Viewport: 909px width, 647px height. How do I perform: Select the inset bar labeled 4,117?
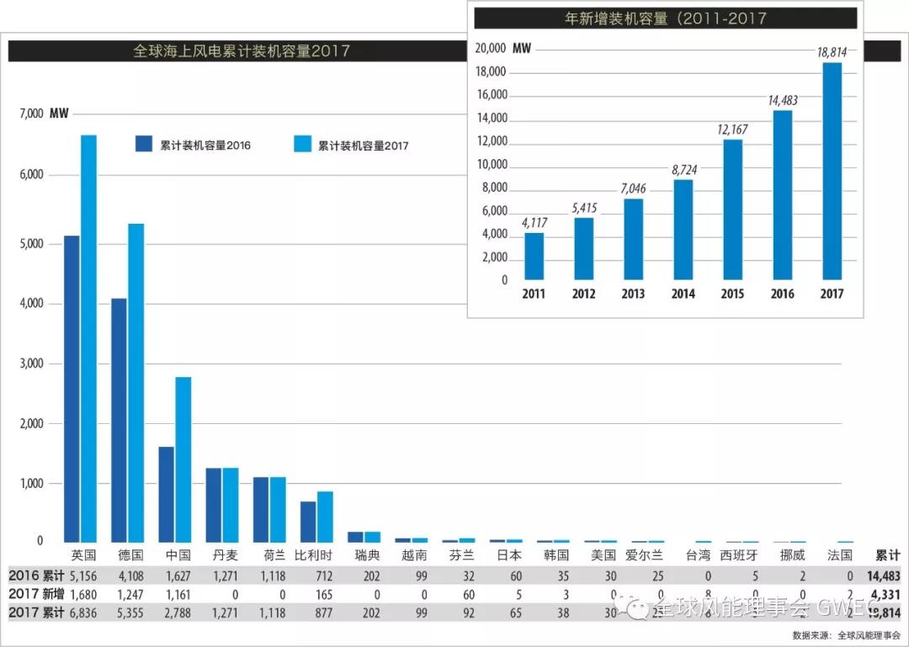pyautogui.click(x=534, y=256)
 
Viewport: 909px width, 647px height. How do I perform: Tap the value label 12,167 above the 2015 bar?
pyautogui.click(x=732, y=130)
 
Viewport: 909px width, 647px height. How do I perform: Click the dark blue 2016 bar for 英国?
pyautogui.click(x=72, y=388)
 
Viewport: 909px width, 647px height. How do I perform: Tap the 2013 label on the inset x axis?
pyautogui.click(x=633, y=294)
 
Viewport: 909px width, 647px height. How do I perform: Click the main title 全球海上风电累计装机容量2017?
pyautogui.click(x=242, y=51)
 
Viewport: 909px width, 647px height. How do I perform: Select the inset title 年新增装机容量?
pyautogui.click(x=665, y=18)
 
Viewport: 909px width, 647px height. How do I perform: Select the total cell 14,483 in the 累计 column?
pyautogui.click(x=884, y=576)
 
